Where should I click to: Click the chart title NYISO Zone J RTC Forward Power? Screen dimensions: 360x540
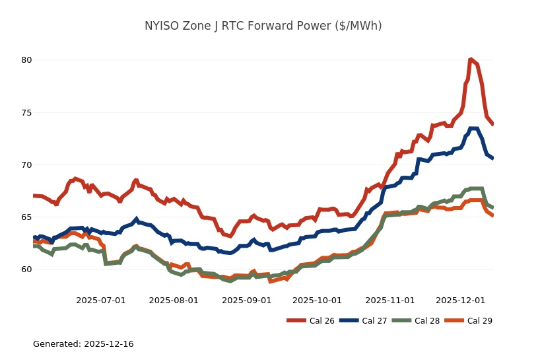pos(263,26)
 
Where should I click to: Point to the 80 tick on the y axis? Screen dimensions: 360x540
pos(26,60)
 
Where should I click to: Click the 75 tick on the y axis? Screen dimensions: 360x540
pos(26,112)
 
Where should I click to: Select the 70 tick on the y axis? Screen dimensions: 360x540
pos(26,164)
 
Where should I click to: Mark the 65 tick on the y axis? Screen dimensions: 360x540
pos(26,217)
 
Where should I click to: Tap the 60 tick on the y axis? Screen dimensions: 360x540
pos(26,270)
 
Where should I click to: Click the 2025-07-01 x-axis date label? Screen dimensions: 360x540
pos(101,300)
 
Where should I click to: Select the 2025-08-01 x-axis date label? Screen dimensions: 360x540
pos(174,300)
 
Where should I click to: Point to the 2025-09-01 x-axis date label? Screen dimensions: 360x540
pos(246,300)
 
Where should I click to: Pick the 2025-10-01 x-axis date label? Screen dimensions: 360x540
pos(317,300)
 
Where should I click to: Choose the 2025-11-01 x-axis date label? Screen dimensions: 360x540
pos(389,300)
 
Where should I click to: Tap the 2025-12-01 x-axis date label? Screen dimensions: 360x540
pos(460,300)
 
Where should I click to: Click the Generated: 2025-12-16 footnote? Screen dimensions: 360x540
pos(83,344)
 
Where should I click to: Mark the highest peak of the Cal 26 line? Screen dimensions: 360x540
pos(471,59)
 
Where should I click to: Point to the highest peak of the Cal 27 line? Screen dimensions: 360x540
pos(473,129)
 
